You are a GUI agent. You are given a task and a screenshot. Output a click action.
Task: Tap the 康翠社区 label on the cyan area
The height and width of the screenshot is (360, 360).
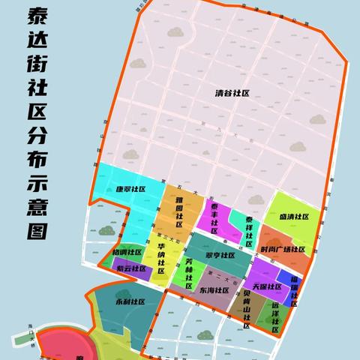(x=130, y=190)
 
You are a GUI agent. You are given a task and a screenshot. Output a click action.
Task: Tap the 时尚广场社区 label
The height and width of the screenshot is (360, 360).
(x=283, y=249)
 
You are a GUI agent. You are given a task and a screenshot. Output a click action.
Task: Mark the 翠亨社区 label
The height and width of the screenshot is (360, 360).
(x=220, y=256)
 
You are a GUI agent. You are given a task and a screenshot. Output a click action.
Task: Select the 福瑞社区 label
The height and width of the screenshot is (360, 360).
(x=295, y=289)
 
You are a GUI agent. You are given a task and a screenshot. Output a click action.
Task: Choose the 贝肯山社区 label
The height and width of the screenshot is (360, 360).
(x=247, y=309)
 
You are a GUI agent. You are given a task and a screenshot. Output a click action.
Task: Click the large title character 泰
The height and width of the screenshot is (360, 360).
(x=31, y=14)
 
